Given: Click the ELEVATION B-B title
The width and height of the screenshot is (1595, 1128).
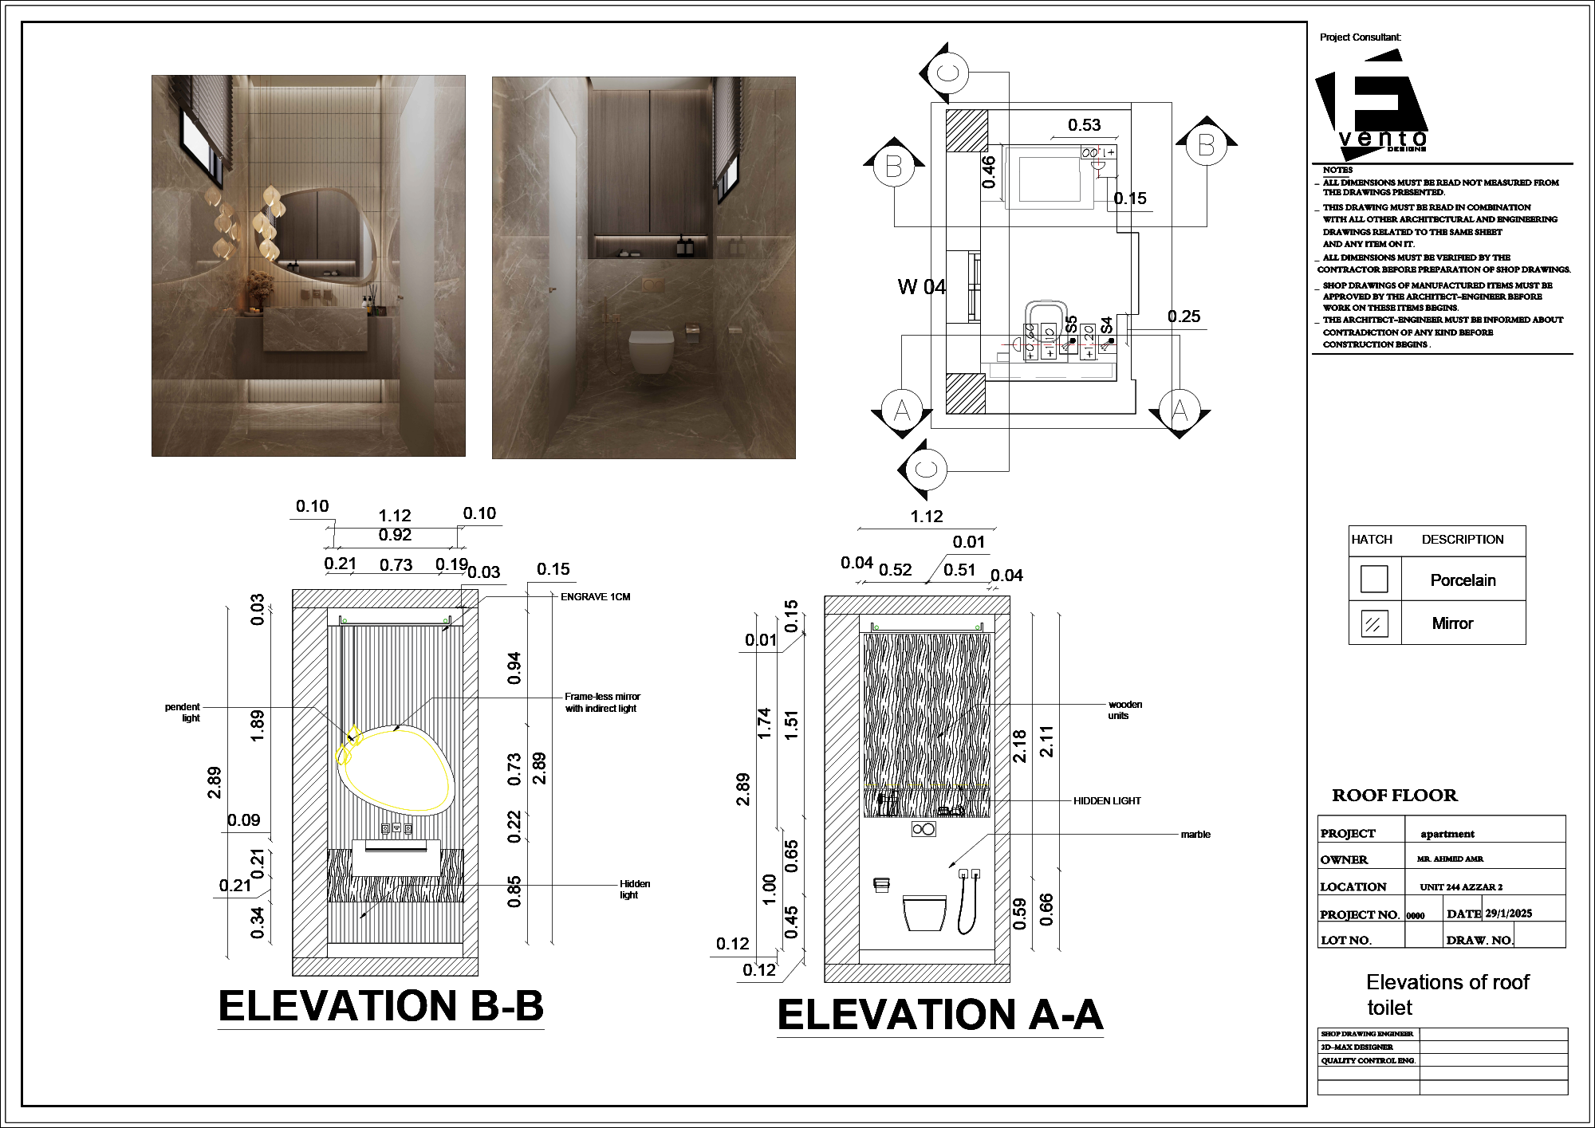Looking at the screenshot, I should tap(380, 1006).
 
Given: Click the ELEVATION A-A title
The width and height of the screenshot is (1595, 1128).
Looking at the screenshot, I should tap(940, 1016).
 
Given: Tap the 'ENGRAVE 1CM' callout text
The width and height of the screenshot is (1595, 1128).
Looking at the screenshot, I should tap(595, 597).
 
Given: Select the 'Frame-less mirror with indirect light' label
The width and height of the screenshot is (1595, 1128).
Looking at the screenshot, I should tap(602, 702).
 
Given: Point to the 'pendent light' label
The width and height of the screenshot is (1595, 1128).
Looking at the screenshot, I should tap(183, 712).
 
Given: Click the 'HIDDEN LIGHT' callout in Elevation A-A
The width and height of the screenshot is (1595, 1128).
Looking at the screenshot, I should tap(1106, 801).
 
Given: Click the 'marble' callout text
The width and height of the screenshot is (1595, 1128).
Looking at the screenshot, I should tap(1195, 835).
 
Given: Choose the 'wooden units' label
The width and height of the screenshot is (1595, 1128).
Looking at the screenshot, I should tap(1124, 710).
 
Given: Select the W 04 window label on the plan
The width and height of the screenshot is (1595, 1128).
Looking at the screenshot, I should tap(921, 287).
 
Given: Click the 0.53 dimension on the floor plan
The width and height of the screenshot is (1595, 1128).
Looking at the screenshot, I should tap(1084, 125).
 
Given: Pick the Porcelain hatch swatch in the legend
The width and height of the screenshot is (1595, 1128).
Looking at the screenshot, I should tap(1373, 579).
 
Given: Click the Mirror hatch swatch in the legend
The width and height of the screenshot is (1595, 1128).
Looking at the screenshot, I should tap(1373, 623).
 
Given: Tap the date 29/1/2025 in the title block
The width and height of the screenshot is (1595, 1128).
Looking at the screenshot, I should tap(1508, 914).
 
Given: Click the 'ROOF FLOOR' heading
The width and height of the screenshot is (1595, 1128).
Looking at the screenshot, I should tap(1394, 796).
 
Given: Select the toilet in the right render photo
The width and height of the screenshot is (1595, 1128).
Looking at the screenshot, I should tap(651, 351).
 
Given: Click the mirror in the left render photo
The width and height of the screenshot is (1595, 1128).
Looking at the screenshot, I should tap(323, 235).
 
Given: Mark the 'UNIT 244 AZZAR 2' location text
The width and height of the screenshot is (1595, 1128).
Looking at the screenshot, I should tap(1460, 887).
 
